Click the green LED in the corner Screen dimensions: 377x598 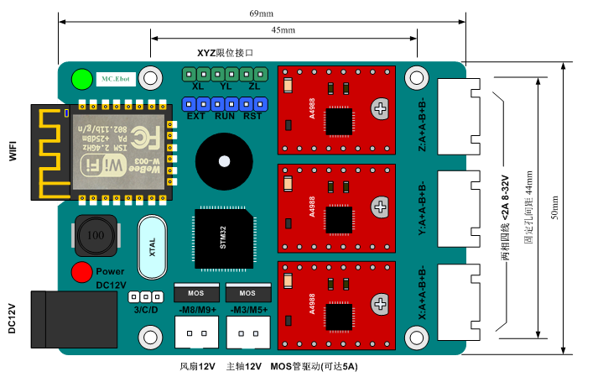click(x=82, y=79)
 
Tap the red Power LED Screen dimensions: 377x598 click(x=81, y=272)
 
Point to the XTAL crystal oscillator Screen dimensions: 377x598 click(x=153, y=248)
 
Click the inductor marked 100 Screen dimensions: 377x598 click(x=96, y=237)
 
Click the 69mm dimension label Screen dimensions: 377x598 click(x=261, y=14)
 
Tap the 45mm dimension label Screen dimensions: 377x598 click(x=283, y=31)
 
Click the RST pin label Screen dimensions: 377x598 click(x=252, y=116)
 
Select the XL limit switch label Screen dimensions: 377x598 click(x=198, y=86)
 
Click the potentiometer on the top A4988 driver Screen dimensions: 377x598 click(x=381, y=108)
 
